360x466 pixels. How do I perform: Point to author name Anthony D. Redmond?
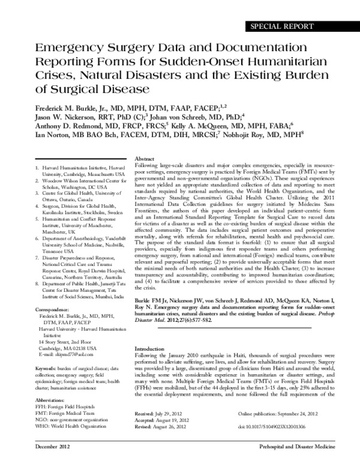click(x=70, y=127)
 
